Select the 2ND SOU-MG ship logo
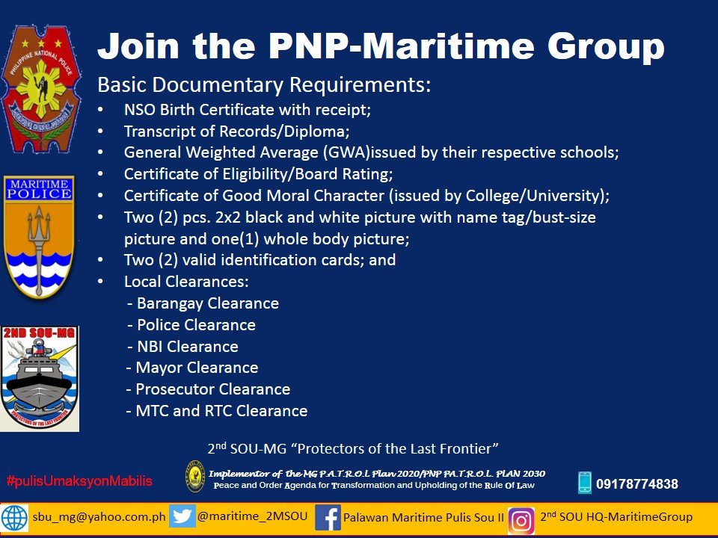coord(39,377)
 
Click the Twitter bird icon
coord(182,517)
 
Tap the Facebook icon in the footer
coord(328,518)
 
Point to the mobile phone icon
coord(584,483)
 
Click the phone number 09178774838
coord(636,484)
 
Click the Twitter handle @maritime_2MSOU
coord(252,516)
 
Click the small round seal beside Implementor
coord(195,475)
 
